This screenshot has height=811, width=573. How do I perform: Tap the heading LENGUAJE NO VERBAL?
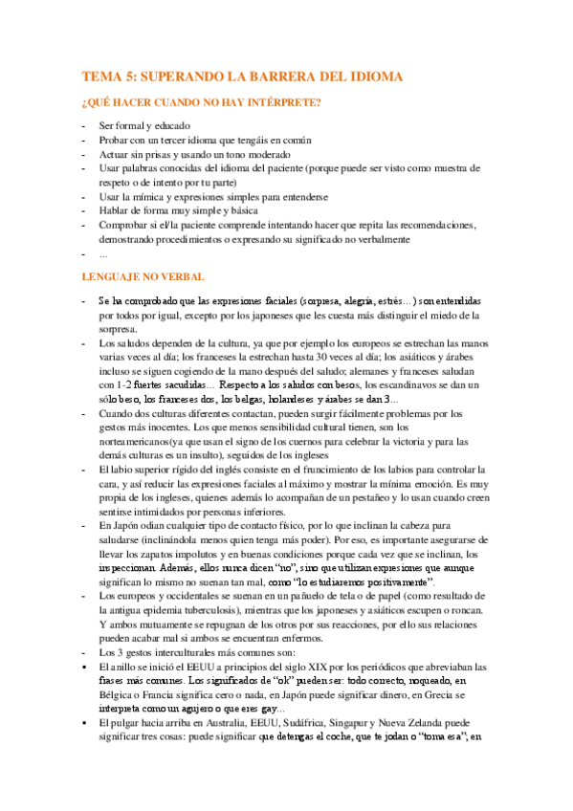[x=143, y=276]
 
